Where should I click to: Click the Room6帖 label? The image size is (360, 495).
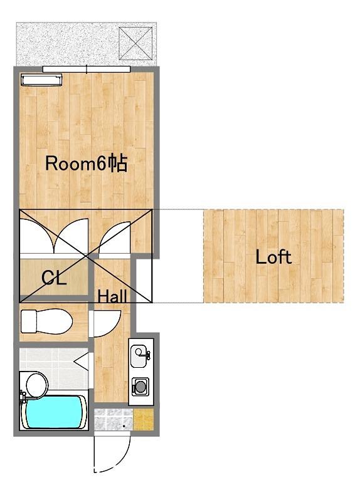point(87,163)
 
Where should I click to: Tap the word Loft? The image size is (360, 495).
point(273,257)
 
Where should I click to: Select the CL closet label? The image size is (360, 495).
point(54,278)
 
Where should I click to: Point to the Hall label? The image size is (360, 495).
point(112,296)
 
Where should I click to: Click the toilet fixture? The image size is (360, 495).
point(46,321)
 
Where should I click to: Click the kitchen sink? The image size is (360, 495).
point(139,357)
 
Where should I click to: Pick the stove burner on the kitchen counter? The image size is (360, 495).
point(139,387)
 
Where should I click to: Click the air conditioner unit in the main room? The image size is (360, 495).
point(41,80)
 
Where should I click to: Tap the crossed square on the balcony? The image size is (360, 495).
point(135,43)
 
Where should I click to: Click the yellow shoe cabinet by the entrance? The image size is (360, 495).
point(143,420)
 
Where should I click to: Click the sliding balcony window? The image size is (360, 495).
point(87,69)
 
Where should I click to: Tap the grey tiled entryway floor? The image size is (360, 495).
point(114,420)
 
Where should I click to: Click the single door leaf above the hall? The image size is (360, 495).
point(114,237)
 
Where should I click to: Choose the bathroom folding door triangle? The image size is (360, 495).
point(82,362)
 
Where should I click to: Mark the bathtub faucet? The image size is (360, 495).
point(23,397)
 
